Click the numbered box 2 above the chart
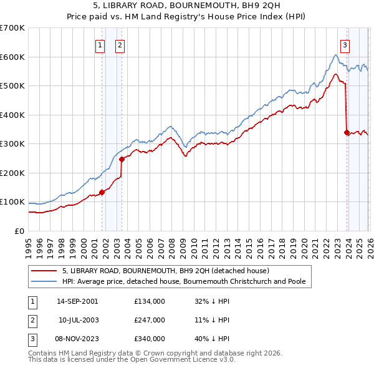[120, 44]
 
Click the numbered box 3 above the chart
[345, 44]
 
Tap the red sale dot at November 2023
[347, 132]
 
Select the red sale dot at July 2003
[122, 159]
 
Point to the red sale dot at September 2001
[102, 192]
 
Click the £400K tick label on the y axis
[12, 115]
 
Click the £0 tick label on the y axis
[19, 231]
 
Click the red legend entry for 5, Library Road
[165, 271]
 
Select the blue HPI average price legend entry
[184, 281]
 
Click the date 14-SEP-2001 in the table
[77, 301]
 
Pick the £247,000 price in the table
[149, 320]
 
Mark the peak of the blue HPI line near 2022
[335, 55]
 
